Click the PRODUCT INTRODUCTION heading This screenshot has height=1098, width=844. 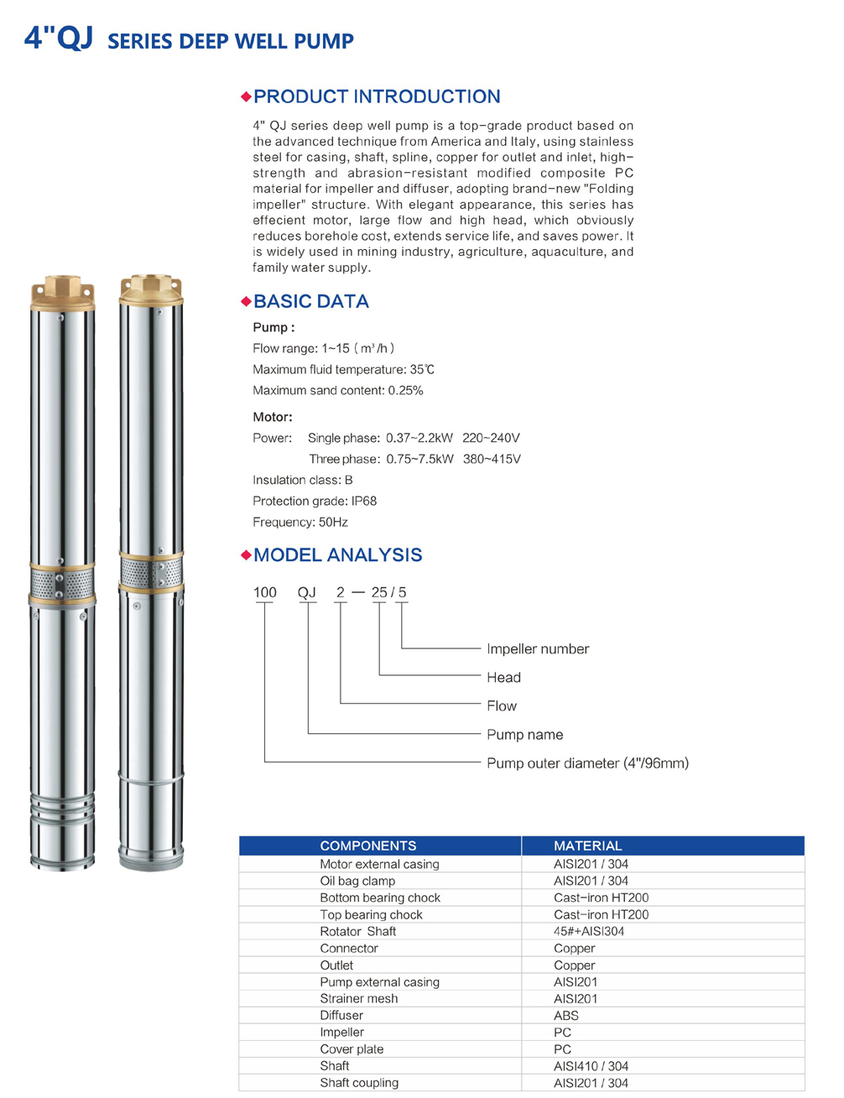click(x=377, y=96)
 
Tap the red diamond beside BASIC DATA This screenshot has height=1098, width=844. click(x=246, y=301)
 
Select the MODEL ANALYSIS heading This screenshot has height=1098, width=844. click(x=337, y=554)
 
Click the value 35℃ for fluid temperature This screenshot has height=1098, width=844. click(x=422, y=369)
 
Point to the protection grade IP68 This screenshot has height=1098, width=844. click(x=364, y=501)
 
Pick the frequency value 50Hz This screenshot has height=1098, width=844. click(x=333, y=522)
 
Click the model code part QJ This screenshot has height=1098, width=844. click(x=307, y=592)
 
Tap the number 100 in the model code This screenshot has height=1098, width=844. click(x=265, y=592)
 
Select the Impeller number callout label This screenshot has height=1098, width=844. click(x=538, y=648)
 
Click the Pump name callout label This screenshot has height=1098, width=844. click(x=524, y=734)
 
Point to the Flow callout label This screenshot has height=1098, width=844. click(x=502, y=705)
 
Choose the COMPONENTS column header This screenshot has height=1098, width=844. click(x=367, y=846)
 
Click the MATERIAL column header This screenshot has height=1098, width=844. click(x=587, y=846)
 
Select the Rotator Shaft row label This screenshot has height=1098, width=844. click(x=357, y=931)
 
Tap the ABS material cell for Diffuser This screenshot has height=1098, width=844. click(x=566, y=1015)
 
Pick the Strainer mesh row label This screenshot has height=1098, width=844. click(x=358, y=998)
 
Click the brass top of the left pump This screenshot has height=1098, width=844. click(x=62, y=291)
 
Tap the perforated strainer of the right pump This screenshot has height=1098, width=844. click(x=150, y=573)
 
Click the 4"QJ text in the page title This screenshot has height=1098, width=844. click(x=58, y=38)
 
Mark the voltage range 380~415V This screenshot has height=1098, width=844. click(x=492, y=459)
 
